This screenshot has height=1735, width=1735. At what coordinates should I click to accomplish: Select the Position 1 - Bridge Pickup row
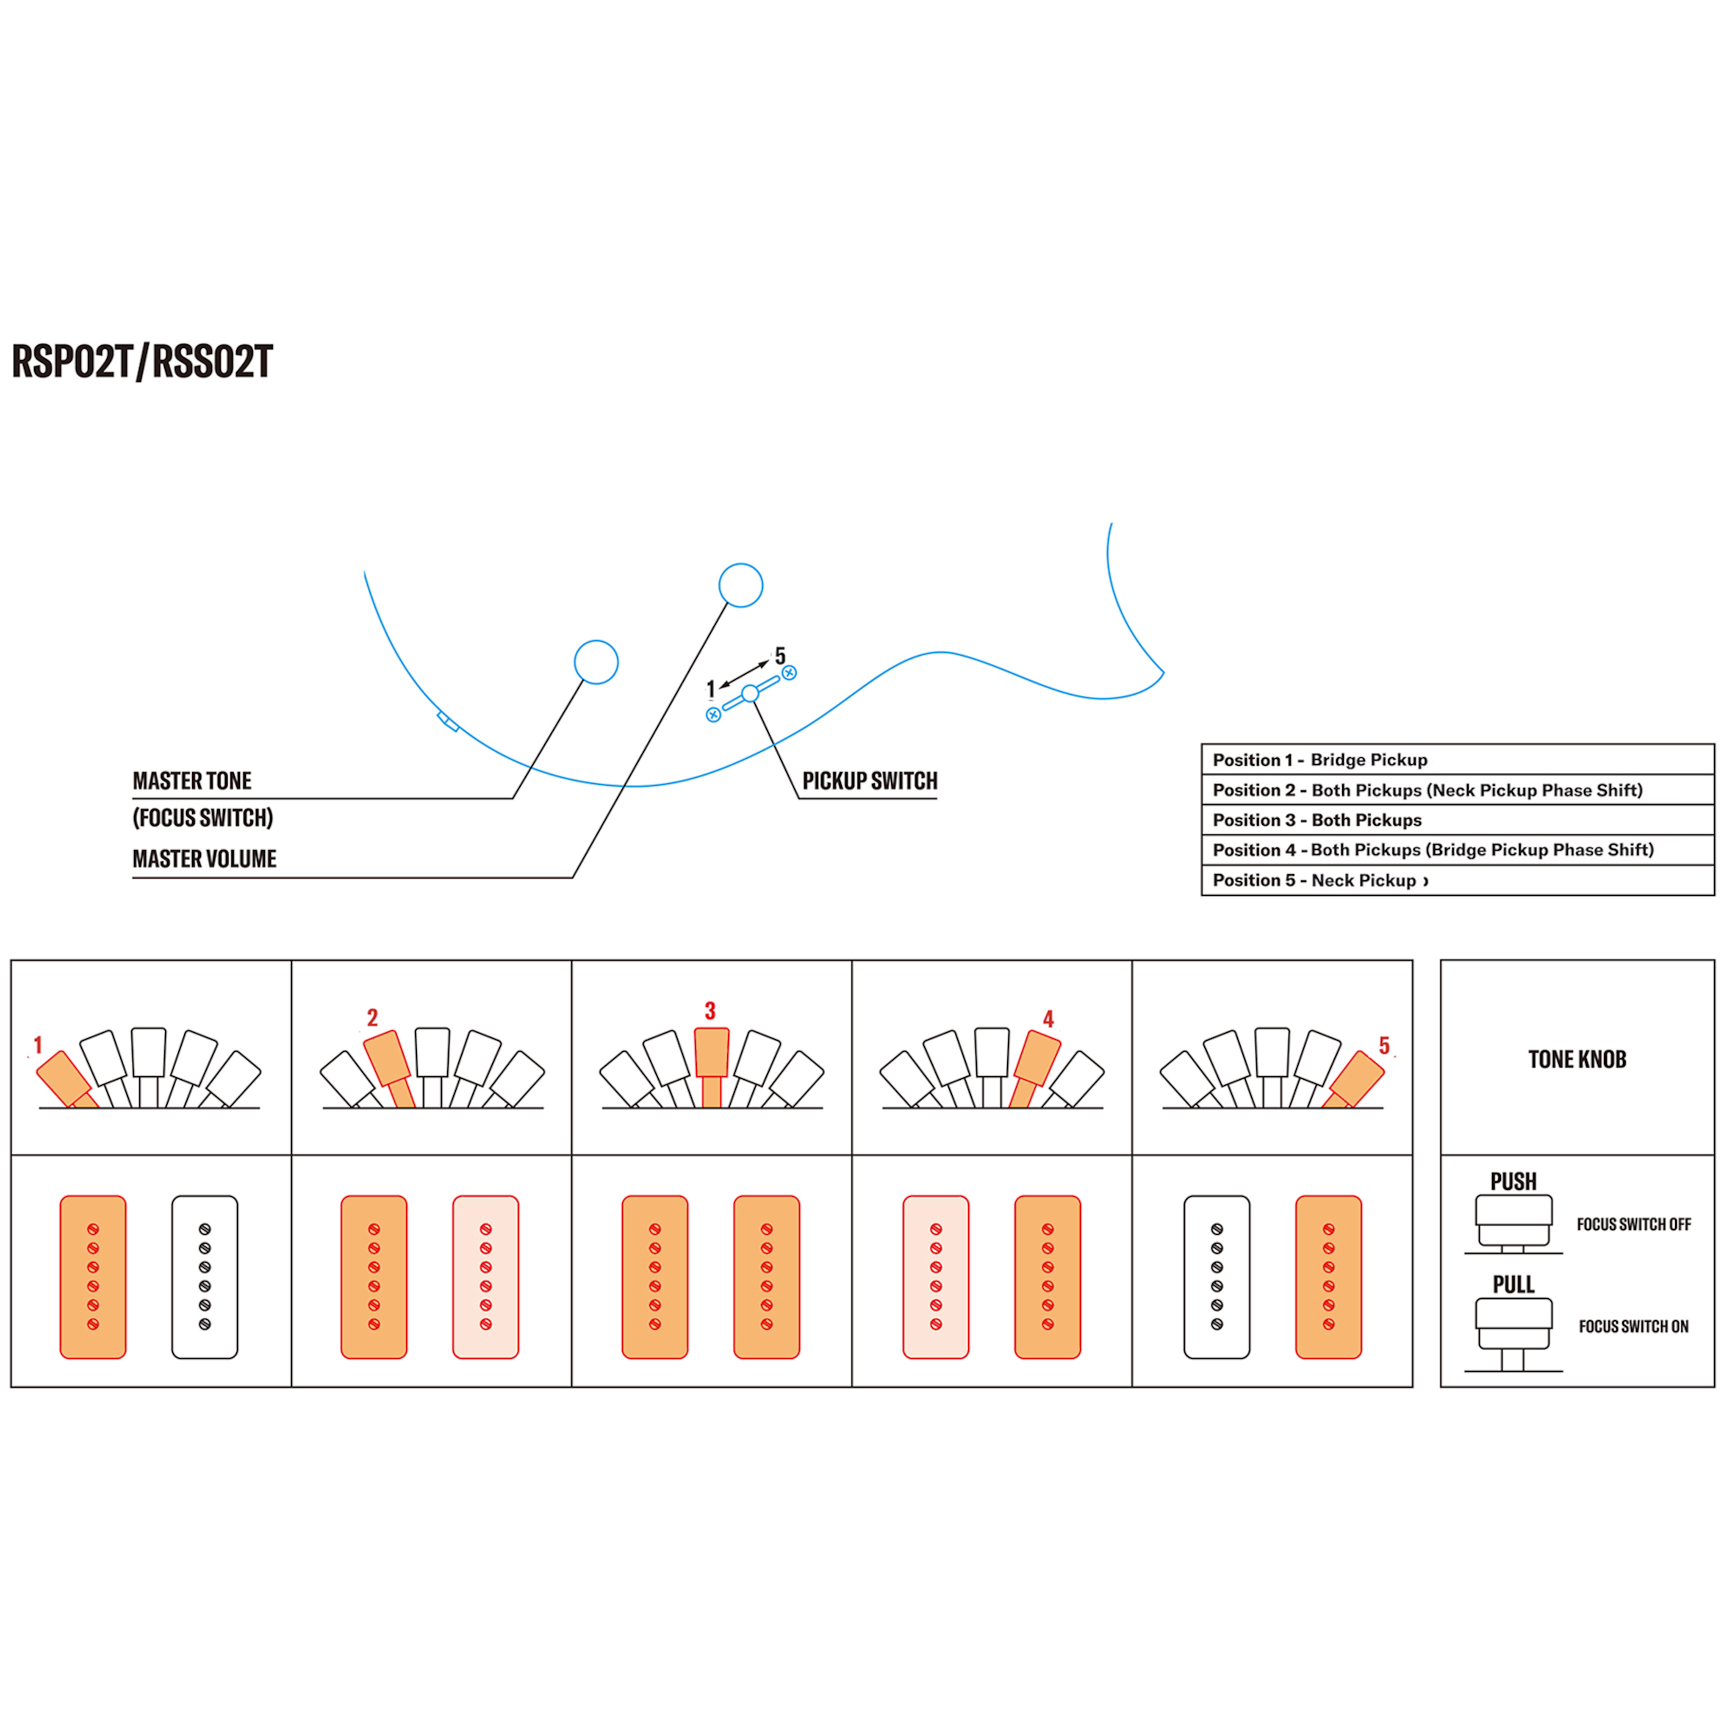1458,760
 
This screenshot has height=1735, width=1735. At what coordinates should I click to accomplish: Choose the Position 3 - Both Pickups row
1458,820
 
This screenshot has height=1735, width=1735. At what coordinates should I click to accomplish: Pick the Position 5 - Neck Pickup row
1458,880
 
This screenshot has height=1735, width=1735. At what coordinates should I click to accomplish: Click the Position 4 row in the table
1458,850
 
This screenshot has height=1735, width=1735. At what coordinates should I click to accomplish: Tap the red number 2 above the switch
373,1017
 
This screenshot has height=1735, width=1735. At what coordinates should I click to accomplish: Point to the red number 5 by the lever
1384,1045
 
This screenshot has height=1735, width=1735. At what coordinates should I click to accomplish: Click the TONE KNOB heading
1577,1060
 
